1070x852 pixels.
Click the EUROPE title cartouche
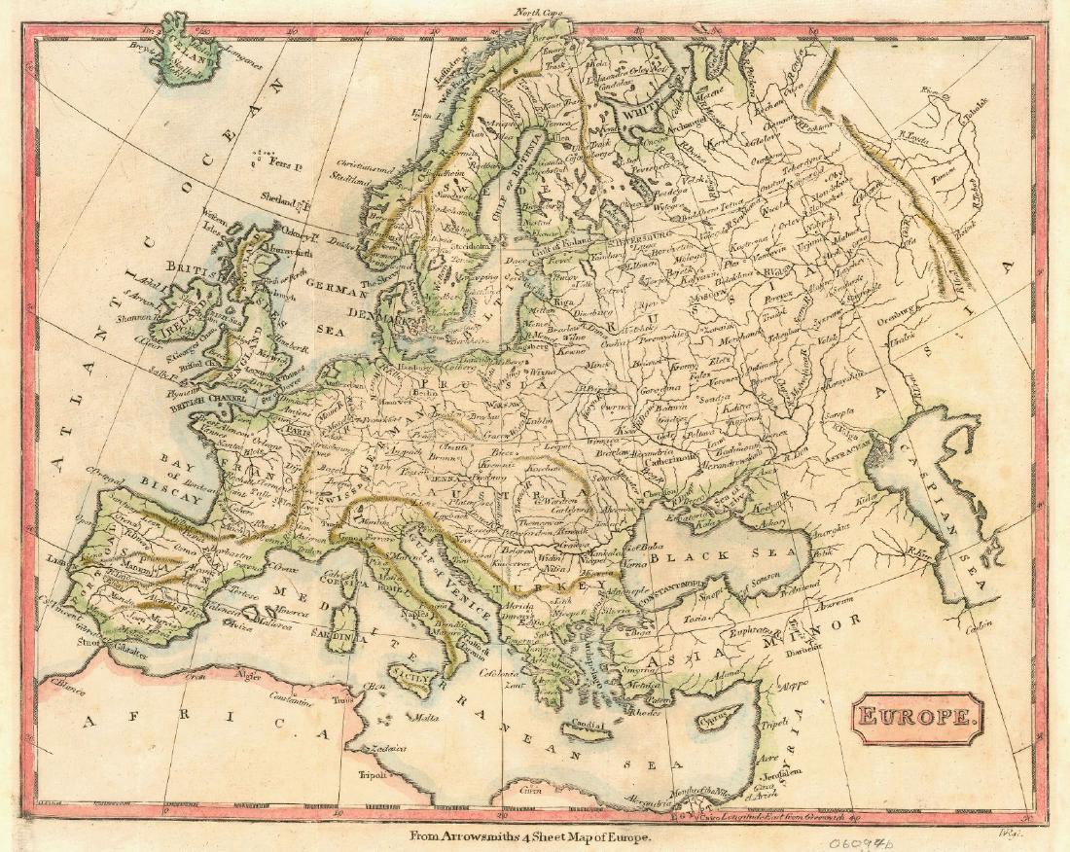point(918,719)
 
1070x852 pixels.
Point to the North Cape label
point(540,13)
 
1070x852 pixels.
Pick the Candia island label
point(588,724)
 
